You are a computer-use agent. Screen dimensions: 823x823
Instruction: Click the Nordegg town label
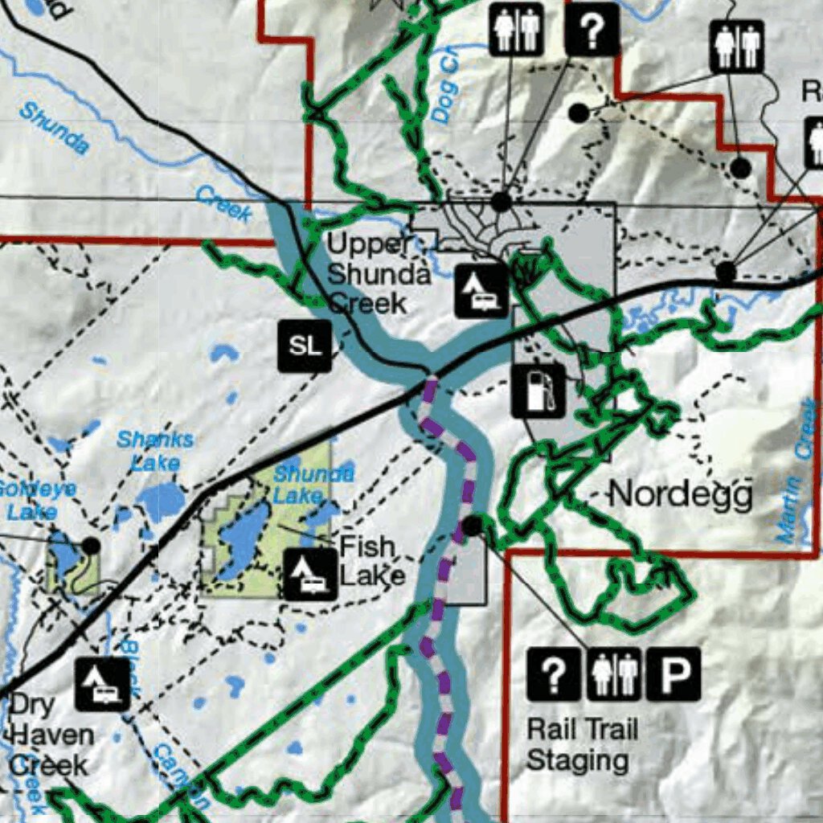[680, 494]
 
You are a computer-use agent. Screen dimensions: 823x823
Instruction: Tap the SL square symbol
[305, 346]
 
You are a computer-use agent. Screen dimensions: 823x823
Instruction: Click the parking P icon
[674, 674]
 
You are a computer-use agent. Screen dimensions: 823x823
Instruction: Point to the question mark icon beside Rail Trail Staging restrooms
[553, 674]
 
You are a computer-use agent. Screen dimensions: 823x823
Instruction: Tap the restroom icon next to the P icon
[614, 674]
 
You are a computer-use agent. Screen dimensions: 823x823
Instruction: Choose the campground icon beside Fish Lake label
[310, 574]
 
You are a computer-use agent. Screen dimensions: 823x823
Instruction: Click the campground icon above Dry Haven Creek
[103, 684]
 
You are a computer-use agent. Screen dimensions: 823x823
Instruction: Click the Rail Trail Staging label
[581, 744]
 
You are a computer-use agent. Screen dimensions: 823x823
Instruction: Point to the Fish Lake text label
[371, 561]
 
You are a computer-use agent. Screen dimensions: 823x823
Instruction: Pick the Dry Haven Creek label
[50, 735]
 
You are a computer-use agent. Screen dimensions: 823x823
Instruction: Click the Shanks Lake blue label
[155, 451]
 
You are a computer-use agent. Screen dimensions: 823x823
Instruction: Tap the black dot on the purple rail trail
[473, 526]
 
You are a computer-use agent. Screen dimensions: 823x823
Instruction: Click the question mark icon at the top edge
[592, 30]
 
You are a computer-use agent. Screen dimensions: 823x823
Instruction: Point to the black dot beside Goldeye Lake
[92, 546]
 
